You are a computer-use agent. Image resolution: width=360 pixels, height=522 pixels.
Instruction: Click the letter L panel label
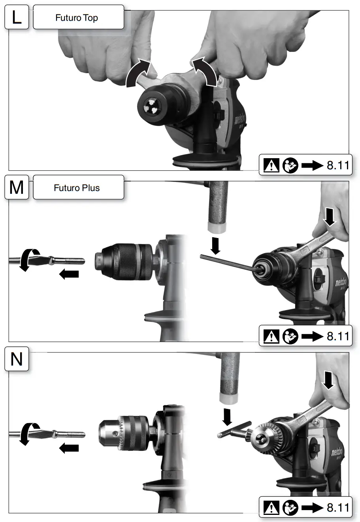17,18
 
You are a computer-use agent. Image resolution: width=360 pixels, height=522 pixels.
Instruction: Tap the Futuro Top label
77,18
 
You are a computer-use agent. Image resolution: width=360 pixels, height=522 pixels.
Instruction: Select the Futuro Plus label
77,188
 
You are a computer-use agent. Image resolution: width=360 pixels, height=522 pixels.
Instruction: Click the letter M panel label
17,187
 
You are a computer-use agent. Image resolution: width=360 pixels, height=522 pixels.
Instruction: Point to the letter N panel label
17,359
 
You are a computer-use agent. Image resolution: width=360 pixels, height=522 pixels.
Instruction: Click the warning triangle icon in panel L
271,165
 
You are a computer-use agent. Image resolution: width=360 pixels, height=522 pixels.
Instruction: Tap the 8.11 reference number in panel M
338,336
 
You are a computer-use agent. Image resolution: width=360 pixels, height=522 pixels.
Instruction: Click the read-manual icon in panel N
290,507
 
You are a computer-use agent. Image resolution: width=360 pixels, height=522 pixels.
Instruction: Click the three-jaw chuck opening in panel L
151,105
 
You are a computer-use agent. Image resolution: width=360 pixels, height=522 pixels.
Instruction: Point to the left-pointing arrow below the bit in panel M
69,274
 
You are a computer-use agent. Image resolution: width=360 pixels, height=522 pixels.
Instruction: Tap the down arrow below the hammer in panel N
227,416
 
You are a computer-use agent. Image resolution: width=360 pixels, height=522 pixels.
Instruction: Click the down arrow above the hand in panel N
328,381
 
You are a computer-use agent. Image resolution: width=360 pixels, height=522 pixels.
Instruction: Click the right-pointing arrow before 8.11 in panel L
312,165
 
